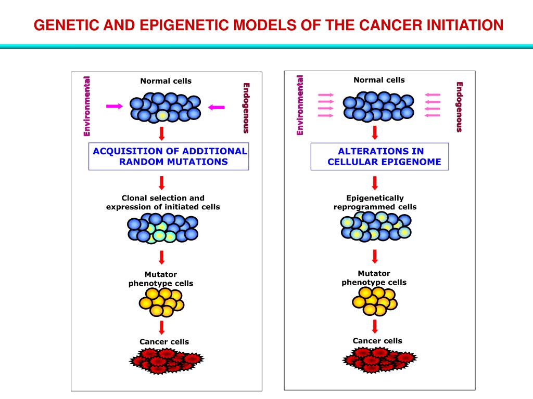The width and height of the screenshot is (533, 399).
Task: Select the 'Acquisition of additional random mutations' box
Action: pos(169,156)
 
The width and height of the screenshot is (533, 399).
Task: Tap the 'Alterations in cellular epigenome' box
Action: pos(379,156)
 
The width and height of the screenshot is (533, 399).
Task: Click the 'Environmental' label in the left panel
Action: pos(87,106)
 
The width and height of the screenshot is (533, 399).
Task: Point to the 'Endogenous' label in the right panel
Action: pos(459,107)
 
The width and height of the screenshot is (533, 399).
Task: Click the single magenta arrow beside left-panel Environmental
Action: pos(115,106)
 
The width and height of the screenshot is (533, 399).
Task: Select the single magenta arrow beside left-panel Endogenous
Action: pos(216,107)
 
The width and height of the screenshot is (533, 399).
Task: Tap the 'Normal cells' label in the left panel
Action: pos(166,81)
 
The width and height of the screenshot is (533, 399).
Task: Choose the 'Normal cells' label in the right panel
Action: pos(379,80)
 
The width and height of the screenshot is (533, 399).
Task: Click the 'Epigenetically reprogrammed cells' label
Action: pos(375,203)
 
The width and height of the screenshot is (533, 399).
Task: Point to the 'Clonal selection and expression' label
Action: pos(163,202)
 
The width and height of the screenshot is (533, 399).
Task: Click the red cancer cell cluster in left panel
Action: pos(167,361)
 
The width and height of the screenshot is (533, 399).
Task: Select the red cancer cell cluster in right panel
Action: pos(379,360)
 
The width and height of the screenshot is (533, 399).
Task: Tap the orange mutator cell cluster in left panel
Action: pos(161,301)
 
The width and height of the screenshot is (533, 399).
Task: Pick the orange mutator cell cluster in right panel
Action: pos(374,301)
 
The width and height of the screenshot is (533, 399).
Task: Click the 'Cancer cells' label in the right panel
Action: pos(377,341)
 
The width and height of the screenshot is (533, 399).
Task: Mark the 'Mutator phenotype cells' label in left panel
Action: pos(160,279)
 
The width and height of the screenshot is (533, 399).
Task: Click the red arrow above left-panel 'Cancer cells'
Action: pos(162,327)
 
